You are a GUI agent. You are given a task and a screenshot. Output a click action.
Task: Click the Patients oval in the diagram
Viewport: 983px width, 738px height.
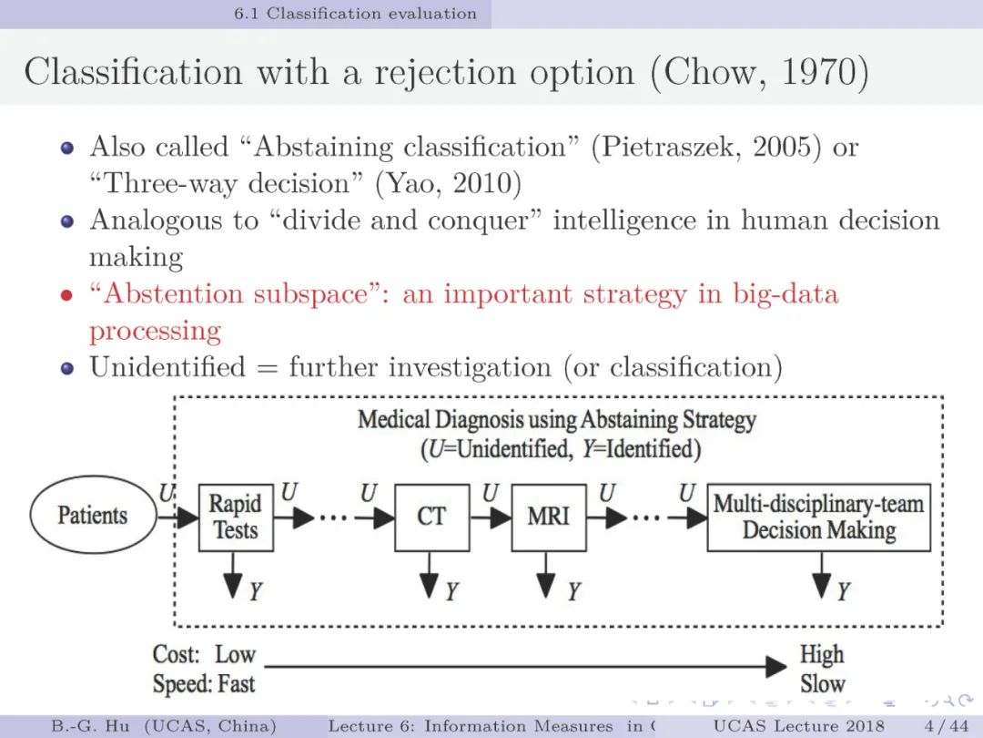coord(92,516)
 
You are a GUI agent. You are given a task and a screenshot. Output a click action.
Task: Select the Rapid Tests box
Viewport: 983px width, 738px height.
coord(235,517)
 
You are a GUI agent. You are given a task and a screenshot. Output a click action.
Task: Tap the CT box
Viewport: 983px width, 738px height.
coord(431,517)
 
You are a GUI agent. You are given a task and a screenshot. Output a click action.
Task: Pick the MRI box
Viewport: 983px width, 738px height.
coord(548,517)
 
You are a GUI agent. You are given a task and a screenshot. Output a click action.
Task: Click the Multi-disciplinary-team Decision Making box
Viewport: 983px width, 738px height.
coord(818,517)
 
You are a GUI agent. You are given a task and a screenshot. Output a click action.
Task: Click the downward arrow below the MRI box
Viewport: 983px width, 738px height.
coord(546,574)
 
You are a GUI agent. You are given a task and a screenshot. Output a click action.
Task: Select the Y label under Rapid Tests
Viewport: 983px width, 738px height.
coord(256,591)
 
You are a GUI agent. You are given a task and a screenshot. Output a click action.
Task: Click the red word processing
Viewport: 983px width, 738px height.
coord(155,331)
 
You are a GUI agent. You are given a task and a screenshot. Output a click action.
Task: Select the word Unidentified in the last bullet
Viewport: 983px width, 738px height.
coord(167,367)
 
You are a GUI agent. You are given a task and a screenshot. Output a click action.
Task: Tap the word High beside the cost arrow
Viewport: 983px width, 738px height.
coord(821,654)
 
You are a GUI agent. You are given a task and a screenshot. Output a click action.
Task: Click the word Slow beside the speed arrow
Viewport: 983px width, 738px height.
coord(822,683)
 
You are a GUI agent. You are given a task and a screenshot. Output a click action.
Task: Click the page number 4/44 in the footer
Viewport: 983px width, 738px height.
coord(946,725)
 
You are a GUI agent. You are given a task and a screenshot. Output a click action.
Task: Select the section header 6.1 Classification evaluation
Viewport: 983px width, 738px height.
coord(355,14)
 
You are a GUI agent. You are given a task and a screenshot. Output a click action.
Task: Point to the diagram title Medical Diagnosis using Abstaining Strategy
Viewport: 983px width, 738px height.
coord(557,420)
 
